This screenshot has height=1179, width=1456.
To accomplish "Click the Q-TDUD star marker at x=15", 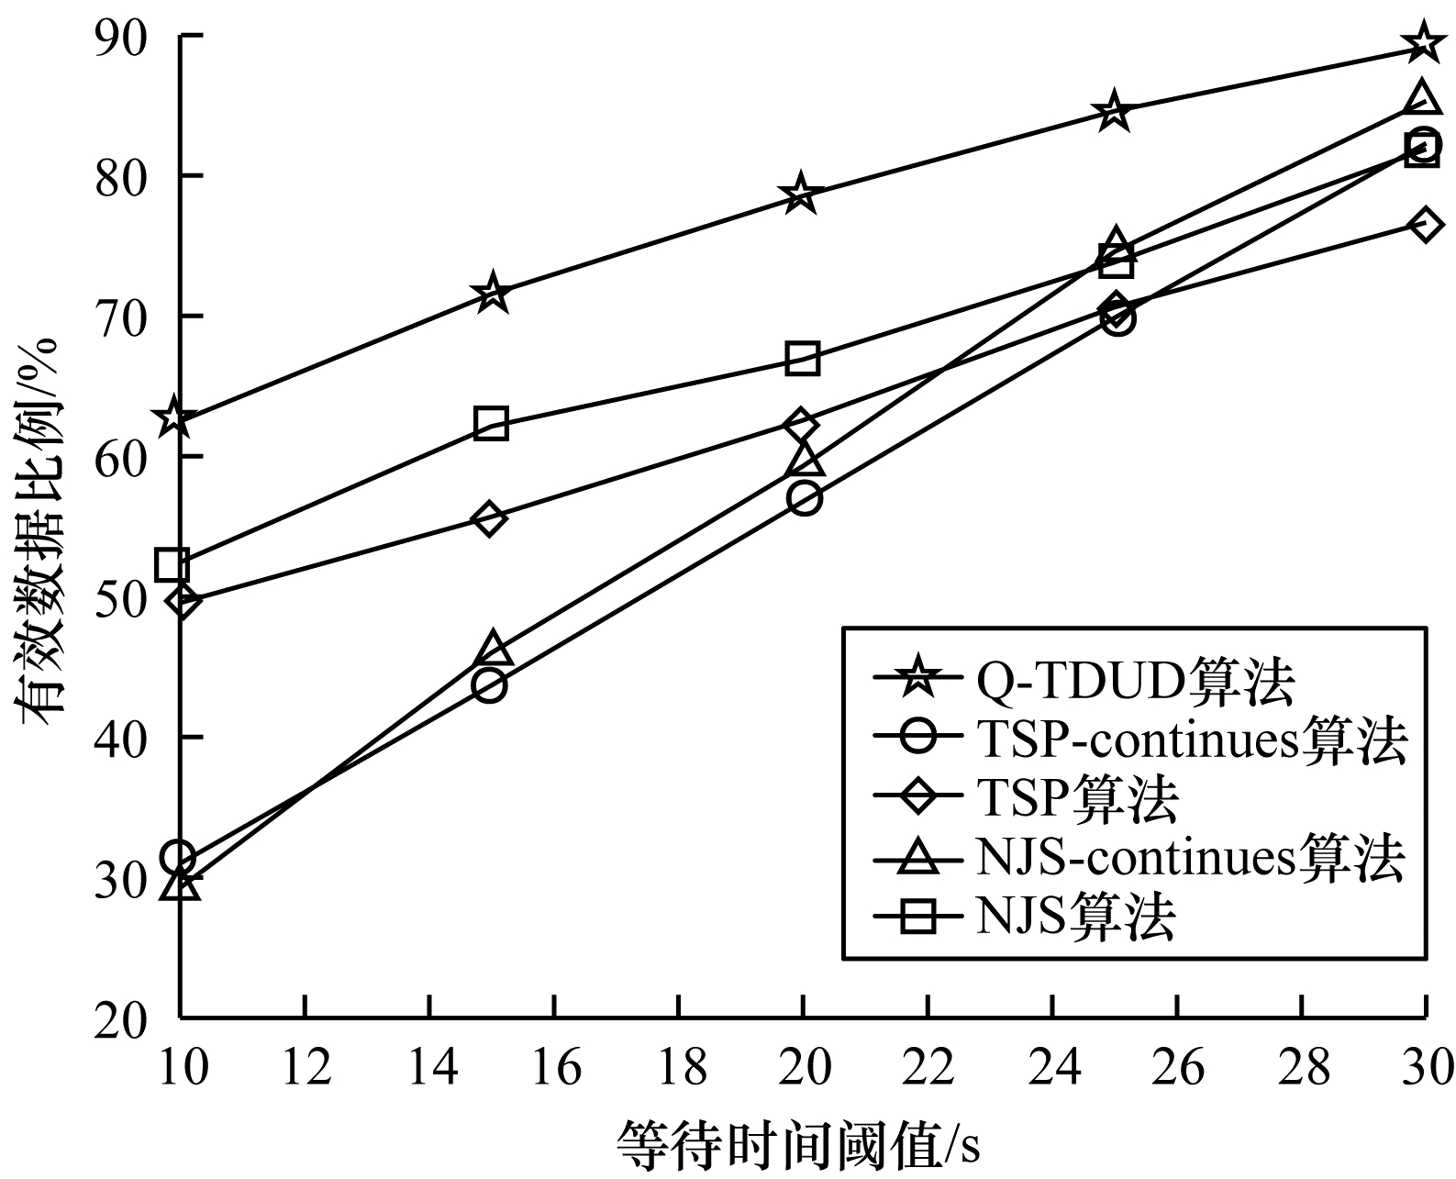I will coord(493,293).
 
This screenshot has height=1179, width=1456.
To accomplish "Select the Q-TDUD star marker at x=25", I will coord(1114,111).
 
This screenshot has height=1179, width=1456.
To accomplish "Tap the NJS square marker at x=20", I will coord(802,358).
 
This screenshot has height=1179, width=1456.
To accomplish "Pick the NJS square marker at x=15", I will coord(492,423).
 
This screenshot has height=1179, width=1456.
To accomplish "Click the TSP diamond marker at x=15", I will coord(490,518).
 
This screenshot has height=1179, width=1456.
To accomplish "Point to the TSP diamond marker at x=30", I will coord(1424,225).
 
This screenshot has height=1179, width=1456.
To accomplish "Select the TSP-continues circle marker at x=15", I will coord(490,685).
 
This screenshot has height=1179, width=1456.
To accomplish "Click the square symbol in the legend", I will coord(918,917).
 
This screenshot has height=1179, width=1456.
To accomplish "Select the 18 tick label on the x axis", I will coord(678,1068).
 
